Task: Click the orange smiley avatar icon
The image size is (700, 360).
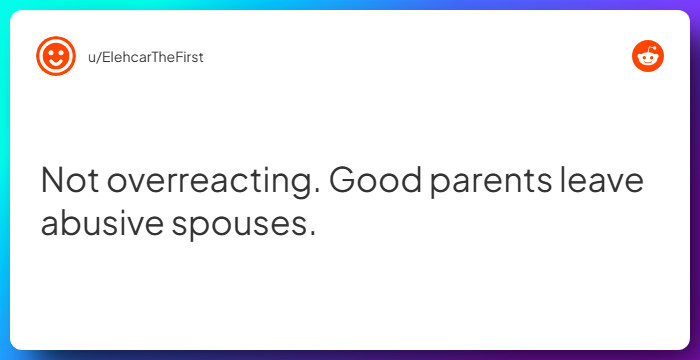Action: coord(55,56)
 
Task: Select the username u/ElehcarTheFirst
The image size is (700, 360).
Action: coord(145,57)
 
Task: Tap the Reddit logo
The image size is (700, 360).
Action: coord(648,56)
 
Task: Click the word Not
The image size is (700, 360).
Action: coord(68,181)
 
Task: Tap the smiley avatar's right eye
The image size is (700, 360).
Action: coord(61,51)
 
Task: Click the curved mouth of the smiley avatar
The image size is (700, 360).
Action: coord(55,63)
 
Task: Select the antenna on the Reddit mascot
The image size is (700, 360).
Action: coord(651,48)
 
